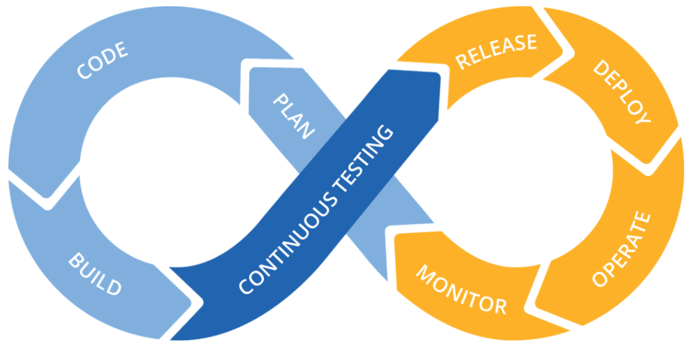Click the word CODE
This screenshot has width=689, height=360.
[x=102, y=61]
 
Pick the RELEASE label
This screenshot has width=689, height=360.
[x=496, y=51]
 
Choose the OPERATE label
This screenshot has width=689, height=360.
[x=621, y=250]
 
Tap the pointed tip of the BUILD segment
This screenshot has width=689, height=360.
[x=195, y=300]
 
